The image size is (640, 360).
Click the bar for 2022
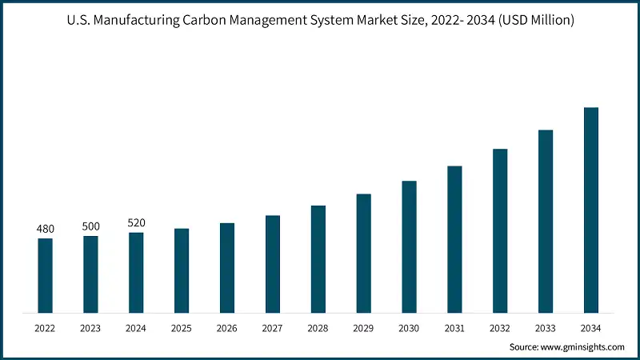pos(45,275)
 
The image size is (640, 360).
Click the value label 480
pos(45,229)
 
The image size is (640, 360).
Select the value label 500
pos(90,226)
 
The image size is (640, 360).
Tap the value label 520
pos(136,223)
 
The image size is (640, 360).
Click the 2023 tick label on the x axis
pos(90,327)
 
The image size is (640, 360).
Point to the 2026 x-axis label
pos(227,327)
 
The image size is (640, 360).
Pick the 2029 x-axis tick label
pos(364,327)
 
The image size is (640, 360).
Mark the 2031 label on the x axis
pos(454,327)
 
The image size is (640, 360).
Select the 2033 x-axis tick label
pos(546,327)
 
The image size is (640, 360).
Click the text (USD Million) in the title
pos(531,20)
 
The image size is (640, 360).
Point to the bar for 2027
pos(273,264)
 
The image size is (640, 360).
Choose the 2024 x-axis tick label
pos(136,327)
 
